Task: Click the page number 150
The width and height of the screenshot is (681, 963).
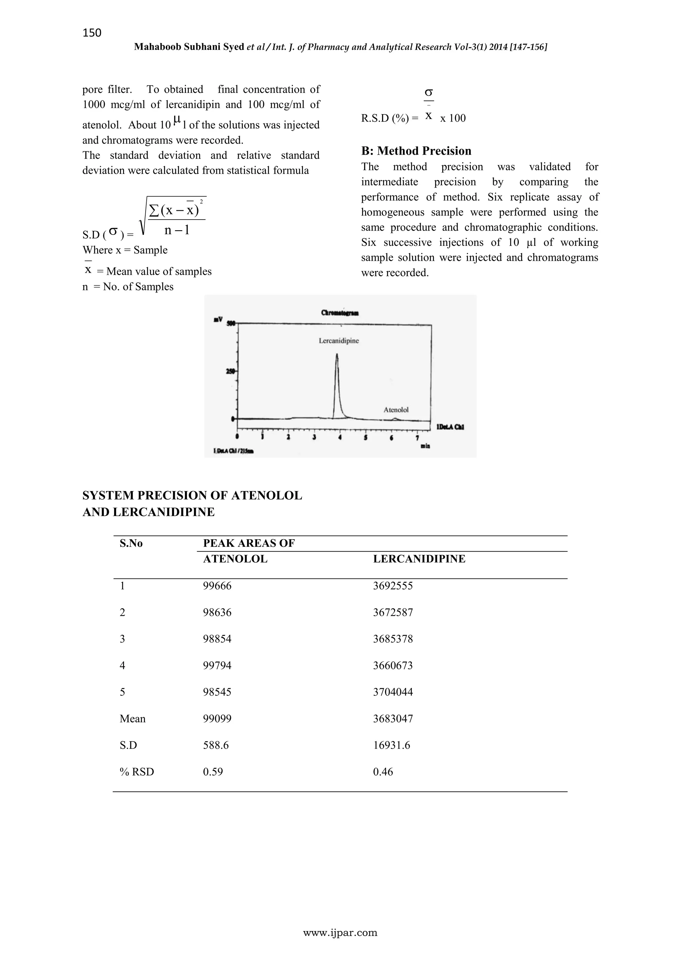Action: [92, 33]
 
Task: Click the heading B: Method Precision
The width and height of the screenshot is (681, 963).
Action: [416, 151]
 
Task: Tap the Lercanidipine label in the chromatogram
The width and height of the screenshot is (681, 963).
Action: [339, 341]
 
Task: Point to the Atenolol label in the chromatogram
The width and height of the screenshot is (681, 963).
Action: [396, 410]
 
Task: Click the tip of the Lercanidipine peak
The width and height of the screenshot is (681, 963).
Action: [337, 355]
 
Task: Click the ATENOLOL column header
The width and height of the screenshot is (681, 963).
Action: [235, 559]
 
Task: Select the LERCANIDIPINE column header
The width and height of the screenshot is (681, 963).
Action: [419, 559]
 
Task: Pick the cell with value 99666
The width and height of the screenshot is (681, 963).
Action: [217, 586]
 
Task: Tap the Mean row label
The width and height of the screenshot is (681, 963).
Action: [133, 719]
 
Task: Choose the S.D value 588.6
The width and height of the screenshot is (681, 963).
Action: [215, 745]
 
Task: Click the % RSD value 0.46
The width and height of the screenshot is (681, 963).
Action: [383, 772]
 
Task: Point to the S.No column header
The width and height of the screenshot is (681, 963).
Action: [131, 543]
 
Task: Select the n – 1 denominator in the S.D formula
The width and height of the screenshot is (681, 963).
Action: [177, 230]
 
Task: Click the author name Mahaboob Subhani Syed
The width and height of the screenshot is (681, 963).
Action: [189, 47]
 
